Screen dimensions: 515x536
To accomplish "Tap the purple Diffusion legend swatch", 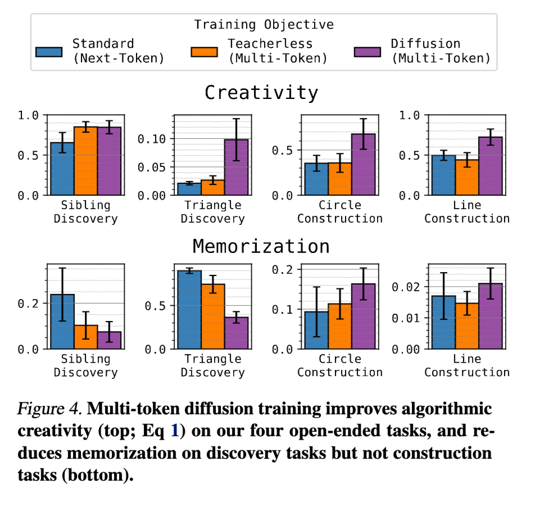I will click(x=367, y=51).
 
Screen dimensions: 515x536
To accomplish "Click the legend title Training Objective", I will click(x=264, y=25).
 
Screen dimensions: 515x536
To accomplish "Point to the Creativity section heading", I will click(x=261, y=92).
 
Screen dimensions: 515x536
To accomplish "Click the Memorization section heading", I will click(x=261, y=246).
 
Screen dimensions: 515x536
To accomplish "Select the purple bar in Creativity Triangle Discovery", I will click(x=236, y=167).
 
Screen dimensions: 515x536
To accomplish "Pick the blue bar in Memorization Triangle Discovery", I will click(x=189, y=309).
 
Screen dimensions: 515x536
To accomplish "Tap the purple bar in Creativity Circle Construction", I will click(x=363, y=164).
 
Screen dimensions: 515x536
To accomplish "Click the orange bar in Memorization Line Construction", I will click(x=467, y=326).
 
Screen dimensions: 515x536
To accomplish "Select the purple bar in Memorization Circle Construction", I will click(x=363, y=316).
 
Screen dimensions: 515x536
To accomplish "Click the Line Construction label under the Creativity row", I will click(x=467, y=211).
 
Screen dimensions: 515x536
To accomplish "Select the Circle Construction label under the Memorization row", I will click(x=340, y=365).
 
